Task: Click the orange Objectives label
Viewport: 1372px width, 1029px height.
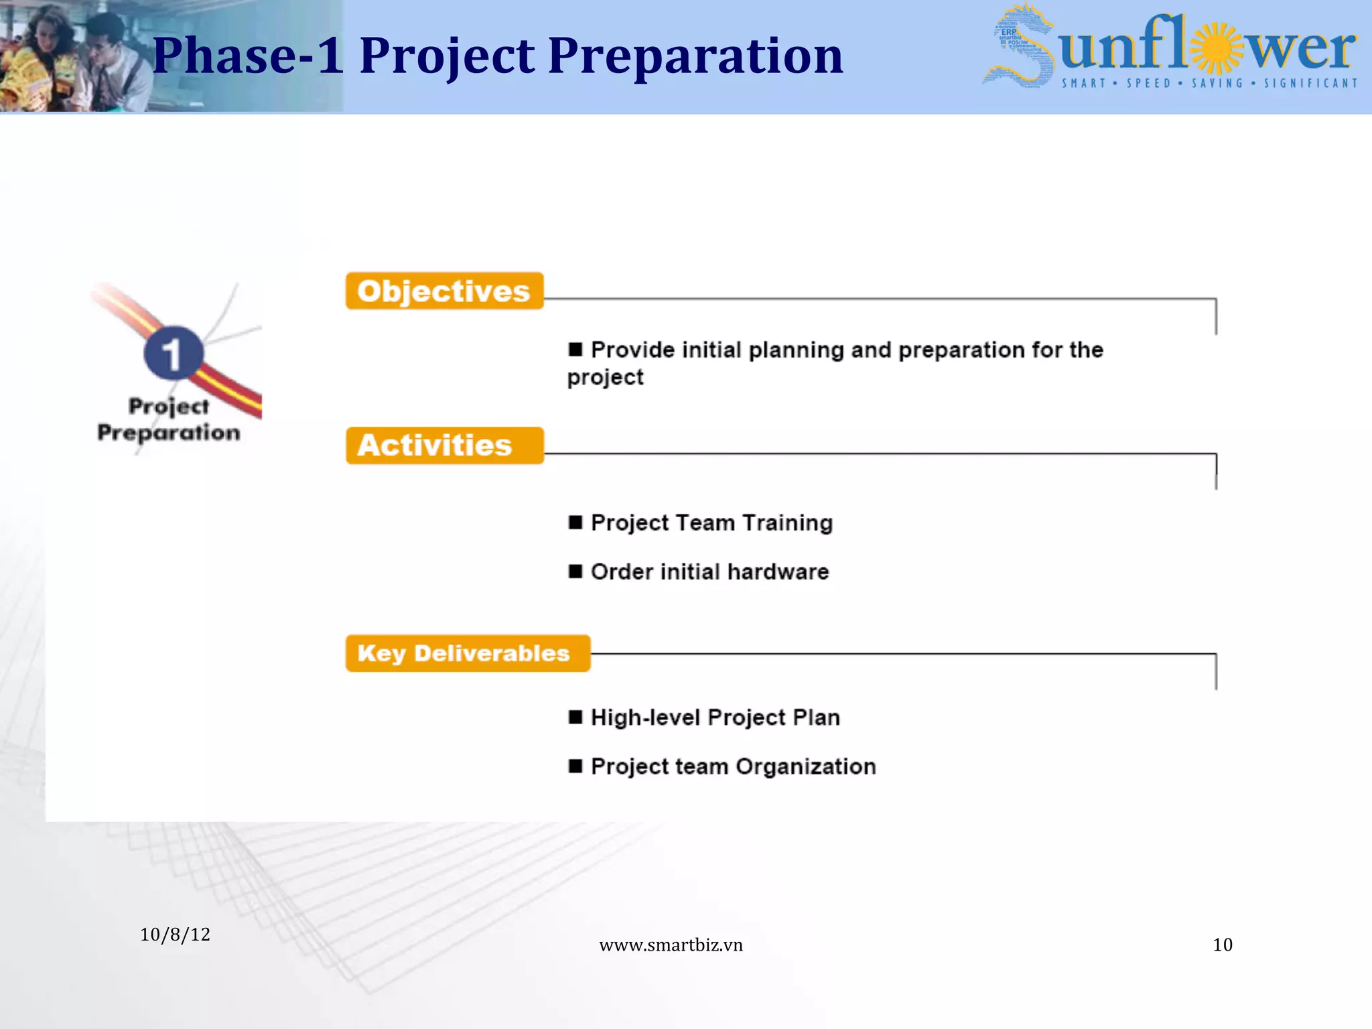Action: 443,291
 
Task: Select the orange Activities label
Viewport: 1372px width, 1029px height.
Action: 443,445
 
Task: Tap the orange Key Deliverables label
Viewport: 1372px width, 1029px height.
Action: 467,653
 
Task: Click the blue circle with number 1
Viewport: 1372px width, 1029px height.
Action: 173,353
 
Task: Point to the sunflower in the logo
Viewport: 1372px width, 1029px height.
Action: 1217,48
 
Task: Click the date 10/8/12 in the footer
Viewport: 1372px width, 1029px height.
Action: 175,935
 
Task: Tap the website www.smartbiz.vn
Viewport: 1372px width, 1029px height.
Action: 671,945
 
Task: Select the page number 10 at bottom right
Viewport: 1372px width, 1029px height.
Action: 1222,945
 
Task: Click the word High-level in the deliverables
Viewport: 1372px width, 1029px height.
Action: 644,717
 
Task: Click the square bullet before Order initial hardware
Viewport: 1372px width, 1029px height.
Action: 575,571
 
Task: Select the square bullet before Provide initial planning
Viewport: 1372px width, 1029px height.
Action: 575,349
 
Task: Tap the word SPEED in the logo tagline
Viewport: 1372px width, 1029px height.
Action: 1148,84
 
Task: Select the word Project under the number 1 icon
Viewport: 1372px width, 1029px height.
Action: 168,407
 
